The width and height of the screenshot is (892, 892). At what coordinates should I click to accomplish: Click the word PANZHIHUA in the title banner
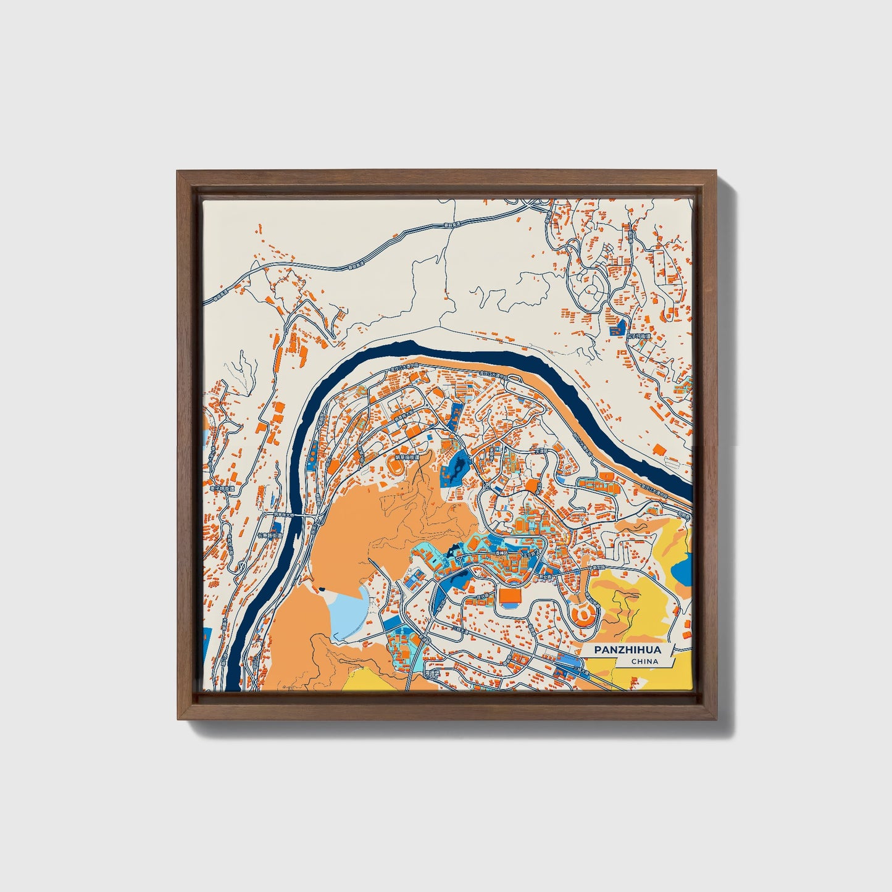coord(627,650)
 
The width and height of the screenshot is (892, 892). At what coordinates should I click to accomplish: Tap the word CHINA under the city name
coord(644,662)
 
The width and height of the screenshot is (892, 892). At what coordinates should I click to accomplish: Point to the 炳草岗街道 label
coord(407,458)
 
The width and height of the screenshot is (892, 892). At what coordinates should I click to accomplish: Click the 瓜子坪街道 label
coord(638,336)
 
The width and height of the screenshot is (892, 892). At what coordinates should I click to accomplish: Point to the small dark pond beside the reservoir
coord(322,590)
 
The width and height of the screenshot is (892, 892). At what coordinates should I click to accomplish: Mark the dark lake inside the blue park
coord(457,469)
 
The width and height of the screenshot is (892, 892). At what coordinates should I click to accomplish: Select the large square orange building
coord(510,596)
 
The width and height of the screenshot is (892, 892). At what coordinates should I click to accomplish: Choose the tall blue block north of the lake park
coord(456,414)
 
